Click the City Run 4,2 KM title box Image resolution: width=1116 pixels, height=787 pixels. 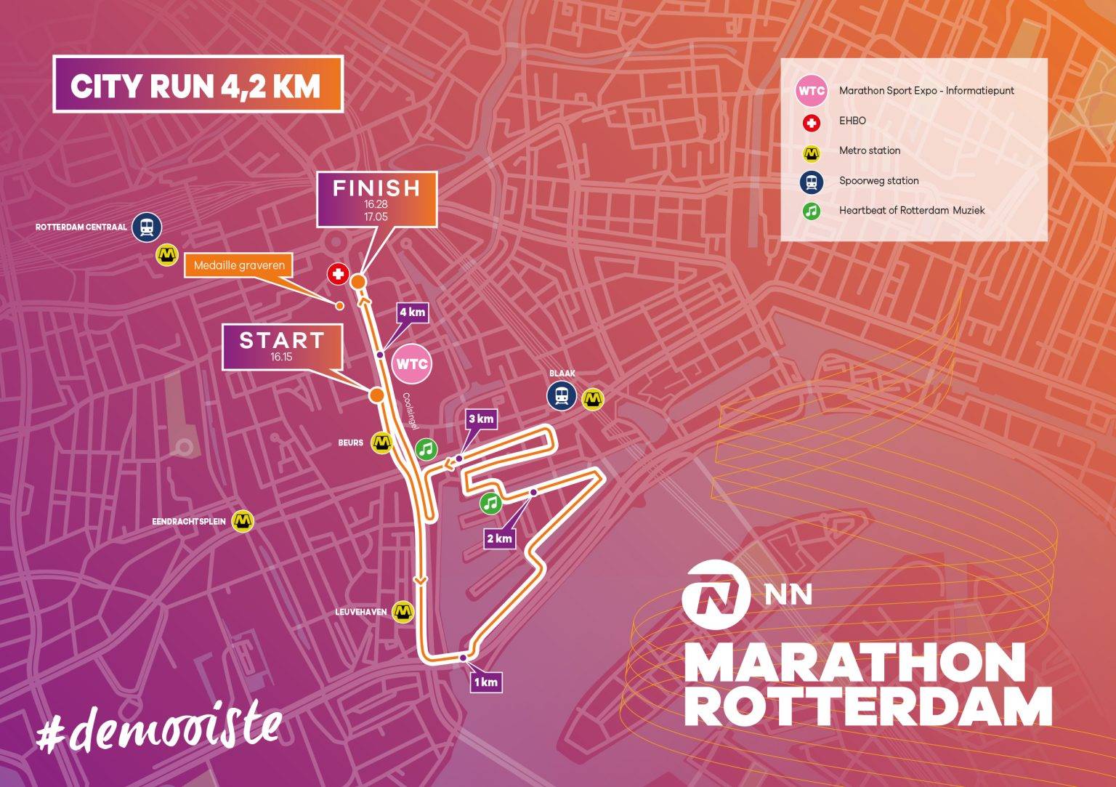(x=197, y=84)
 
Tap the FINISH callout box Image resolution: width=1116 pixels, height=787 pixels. (x=376, y=198)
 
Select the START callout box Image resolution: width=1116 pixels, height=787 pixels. (x=282, y=347)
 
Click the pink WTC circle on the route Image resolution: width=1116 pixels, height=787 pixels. (x=411, y=363)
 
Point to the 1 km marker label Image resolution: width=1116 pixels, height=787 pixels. (x=485, y=682)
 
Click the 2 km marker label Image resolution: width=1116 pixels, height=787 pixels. (x=499, y=538)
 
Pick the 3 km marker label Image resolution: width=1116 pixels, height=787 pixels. (x=481, y=419)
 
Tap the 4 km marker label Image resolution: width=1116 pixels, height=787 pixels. (x=411, y=313)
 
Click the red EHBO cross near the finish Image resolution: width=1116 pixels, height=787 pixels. (x=337, y=274)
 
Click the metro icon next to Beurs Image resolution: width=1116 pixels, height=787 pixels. (x=382, y=442)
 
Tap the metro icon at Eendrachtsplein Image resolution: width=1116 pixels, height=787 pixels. (x=243, y=521)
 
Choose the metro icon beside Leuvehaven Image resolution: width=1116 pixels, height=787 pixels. (x=403, y=612)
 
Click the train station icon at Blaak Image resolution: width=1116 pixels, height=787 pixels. (x=562, y=396)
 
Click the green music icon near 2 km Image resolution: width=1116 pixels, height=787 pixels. (x=491, y=502)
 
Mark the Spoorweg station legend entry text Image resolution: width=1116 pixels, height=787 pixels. (x=878, y=180)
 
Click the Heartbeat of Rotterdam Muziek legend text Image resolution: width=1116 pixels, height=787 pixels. (x=912, y=210)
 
